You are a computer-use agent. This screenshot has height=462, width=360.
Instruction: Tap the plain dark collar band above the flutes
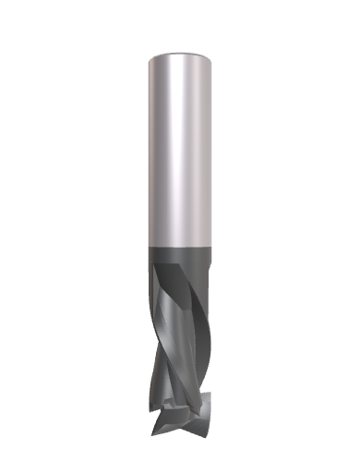[180, 256]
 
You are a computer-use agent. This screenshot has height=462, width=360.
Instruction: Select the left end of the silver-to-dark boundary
[146, 245]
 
